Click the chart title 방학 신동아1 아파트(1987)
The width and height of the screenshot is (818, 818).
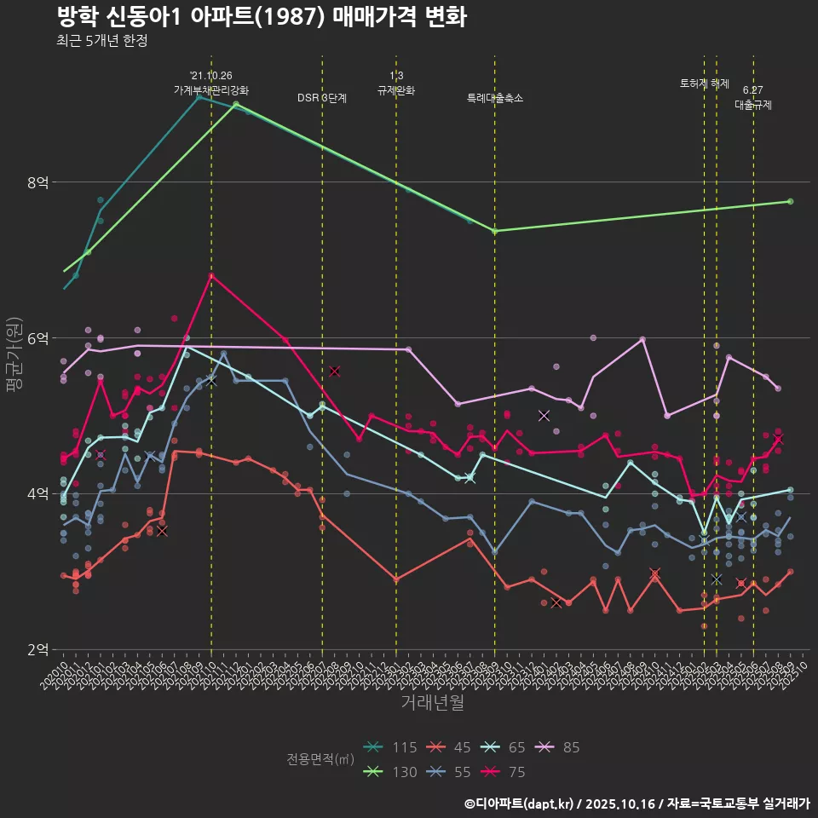(262, 17)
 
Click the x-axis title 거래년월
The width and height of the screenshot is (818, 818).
(433, 703)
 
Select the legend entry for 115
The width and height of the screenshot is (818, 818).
(389, 747)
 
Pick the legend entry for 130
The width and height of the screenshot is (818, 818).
(389, 772)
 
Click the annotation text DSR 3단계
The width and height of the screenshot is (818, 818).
(322, 98)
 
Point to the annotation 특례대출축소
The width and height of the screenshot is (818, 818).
(495, 98)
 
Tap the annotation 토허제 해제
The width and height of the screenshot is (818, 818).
(705, 84)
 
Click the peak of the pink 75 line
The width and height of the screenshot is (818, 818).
(211, 274)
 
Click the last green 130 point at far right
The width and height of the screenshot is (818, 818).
(791, 201)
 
